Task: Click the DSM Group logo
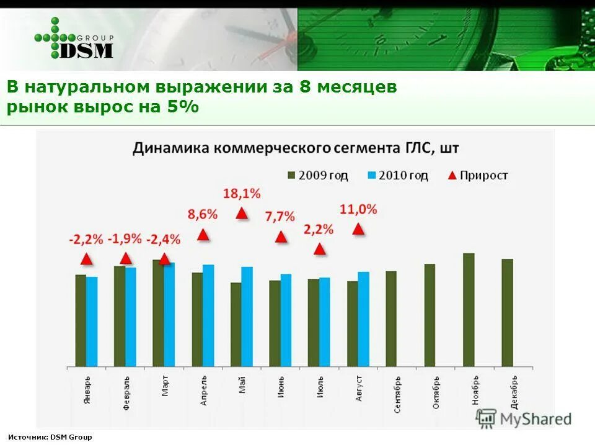74,38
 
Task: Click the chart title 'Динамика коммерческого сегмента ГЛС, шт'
296,148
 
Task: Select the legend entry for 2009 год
317,176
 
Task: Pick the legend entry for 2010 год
397,176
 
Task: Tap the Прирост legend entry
477,176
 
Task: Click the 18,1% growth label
242,194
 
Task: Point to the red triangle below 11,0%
358,229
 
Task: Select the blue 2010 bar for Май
247,316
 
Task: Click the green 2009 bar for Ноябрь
469,309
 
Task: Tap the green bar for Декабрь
507,312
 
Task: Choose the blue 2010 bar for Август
363,318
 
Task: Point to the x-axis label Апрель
204,391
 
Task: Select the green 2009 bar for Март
158,313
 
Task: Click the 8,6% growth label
203,214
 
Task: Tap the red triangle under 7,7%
281,237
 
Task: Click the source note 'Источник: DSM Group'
50,437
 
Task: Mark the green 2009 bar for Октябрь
430,315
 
